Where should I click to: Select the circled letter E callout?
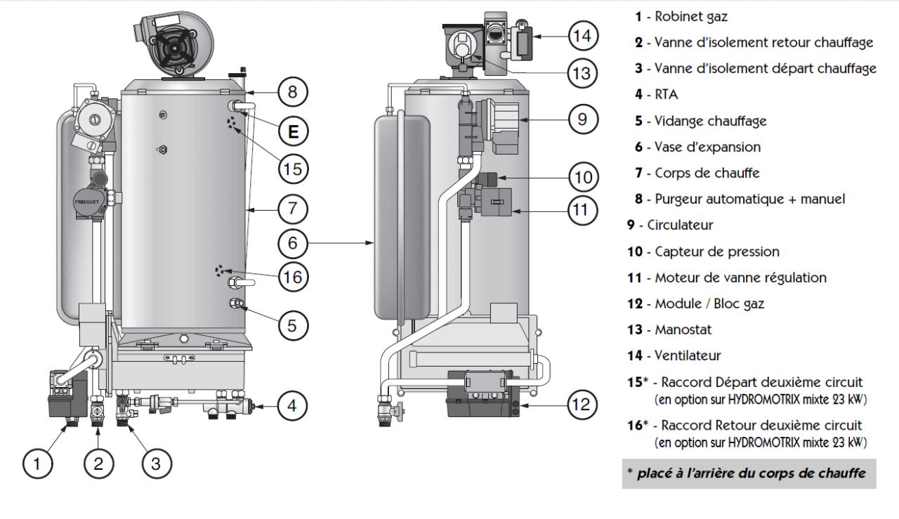coord(294,131)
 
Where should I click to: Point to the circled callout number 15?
coord(294,169)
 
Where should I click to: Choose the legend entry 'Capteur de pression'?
coord(702,251)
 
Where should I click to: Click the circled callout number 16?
coord(294,277)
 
